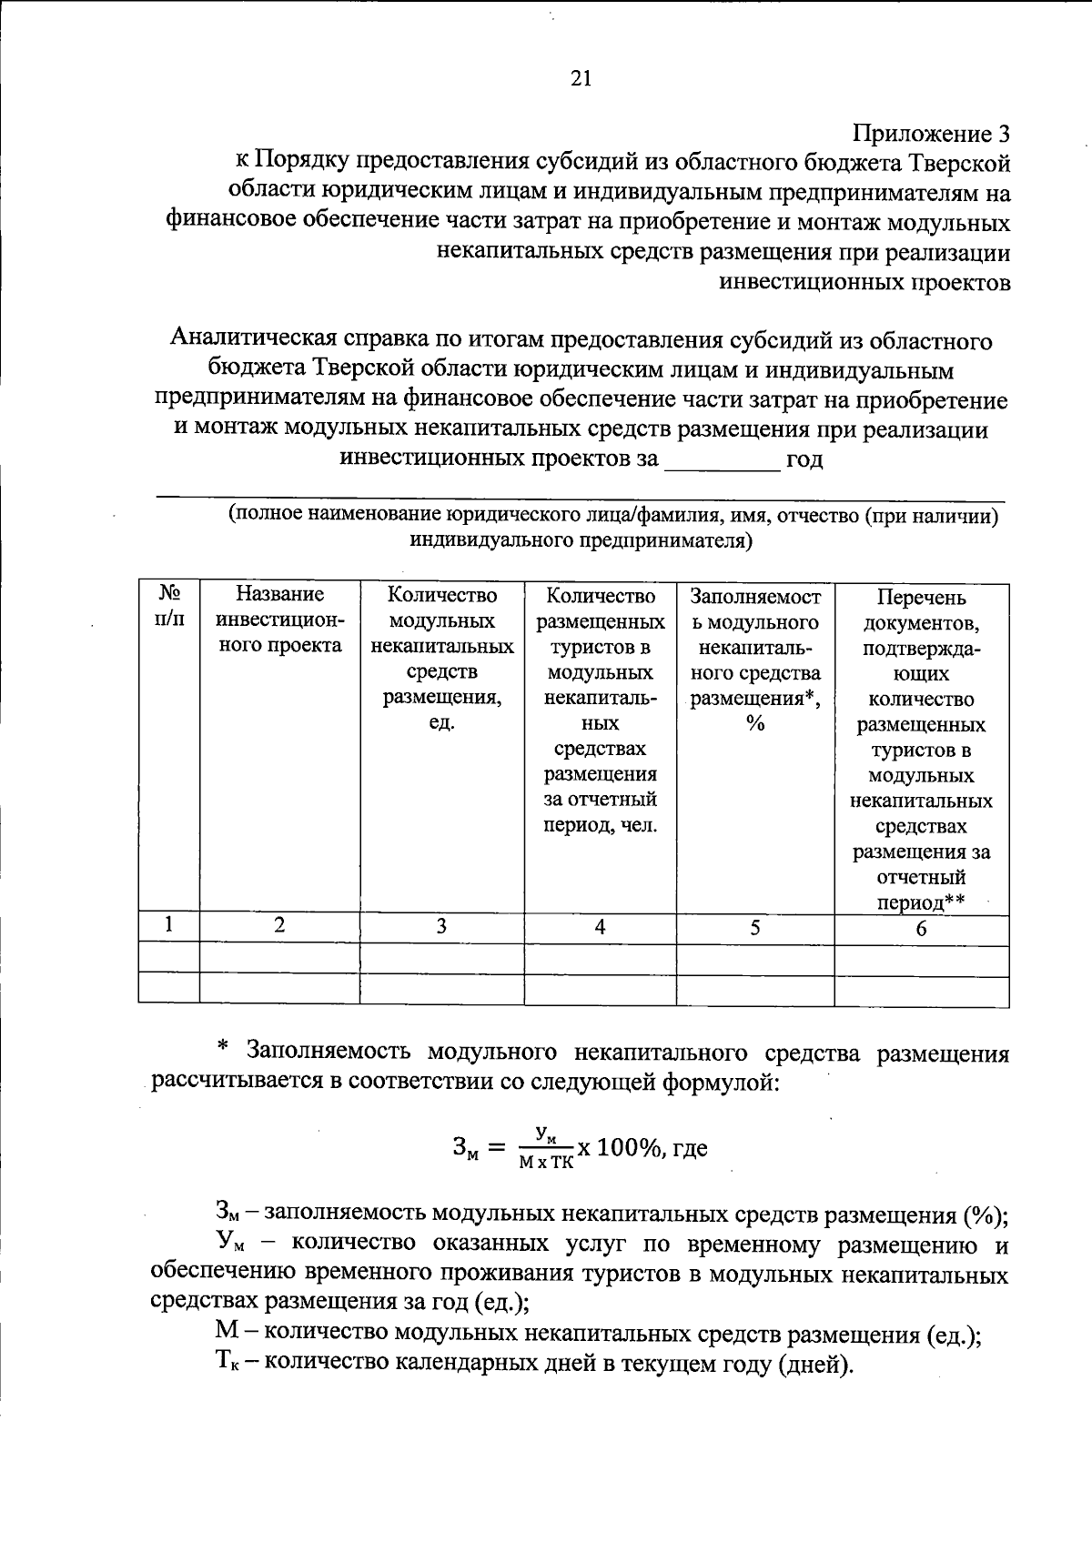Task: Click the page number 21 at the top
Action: [581, 78]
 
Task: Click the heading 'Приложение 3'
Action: [931, 135]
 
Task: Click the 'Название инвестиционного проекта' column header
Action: [279, 620]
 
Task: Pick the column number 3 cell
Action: [441, 926]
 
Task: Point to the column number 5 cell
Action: [754, 927]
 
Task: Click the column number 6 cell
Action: [921, 928]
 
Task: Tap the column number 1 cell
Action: [169, 925]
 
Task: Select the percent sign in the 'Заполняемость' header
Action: [754, 724]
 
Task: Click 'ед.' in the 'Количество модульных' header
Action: [441, 723]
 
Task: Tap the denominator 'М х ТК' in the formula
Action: [546, 1163]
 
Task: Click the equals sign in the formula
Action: [496, 1149]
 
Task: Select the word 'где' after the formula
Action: [689, 1148]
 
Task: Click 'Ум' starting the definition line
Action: [228, 1243]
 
